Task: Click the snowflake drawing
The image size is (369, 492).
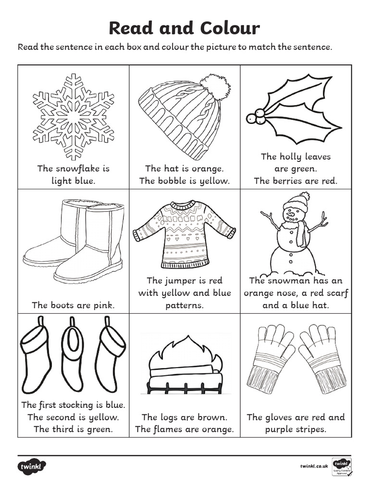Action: click(73, 117)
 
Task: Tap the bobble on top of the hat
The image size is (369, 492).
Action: click(215, 86)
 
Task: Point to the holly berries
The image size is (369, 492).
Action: click(256, 117)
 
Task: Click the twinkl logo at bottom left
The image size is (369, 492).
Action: click(32, 466)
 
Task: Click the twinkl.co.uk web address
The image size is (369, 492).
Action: click(314, 466)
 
